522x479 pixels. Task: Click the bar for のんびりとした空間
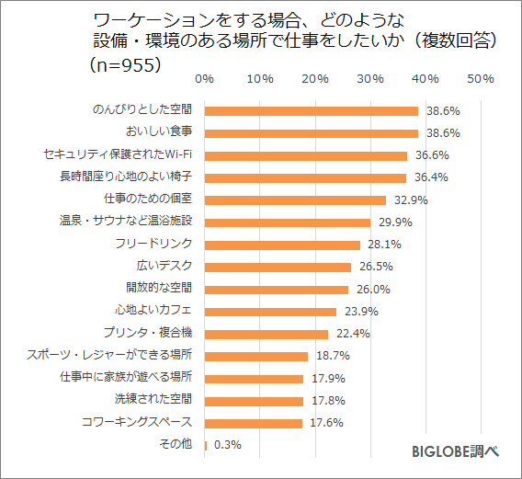(311, 110)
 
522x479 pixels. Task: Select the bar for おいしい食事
(311, 133)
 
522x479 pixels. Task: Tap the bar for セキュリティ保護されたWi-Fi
(305, 155)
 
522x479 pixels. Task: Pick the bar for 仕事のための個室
(295, 200)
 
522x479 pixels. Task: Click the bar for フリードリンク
(282, 245)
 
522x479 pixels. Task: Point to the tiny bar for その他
(205, 445)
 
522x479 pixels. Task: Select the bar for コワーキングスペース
(253, 423)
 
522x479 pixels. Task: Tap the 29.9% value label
(391, 222)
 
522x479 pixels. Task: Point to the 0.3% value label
(228, 445)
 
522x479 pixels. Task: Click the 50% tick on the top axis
(481, 79)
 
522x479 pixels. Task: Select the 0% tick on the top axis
(205, 79)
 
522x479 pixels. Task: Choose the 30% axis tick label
(370, 79)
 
